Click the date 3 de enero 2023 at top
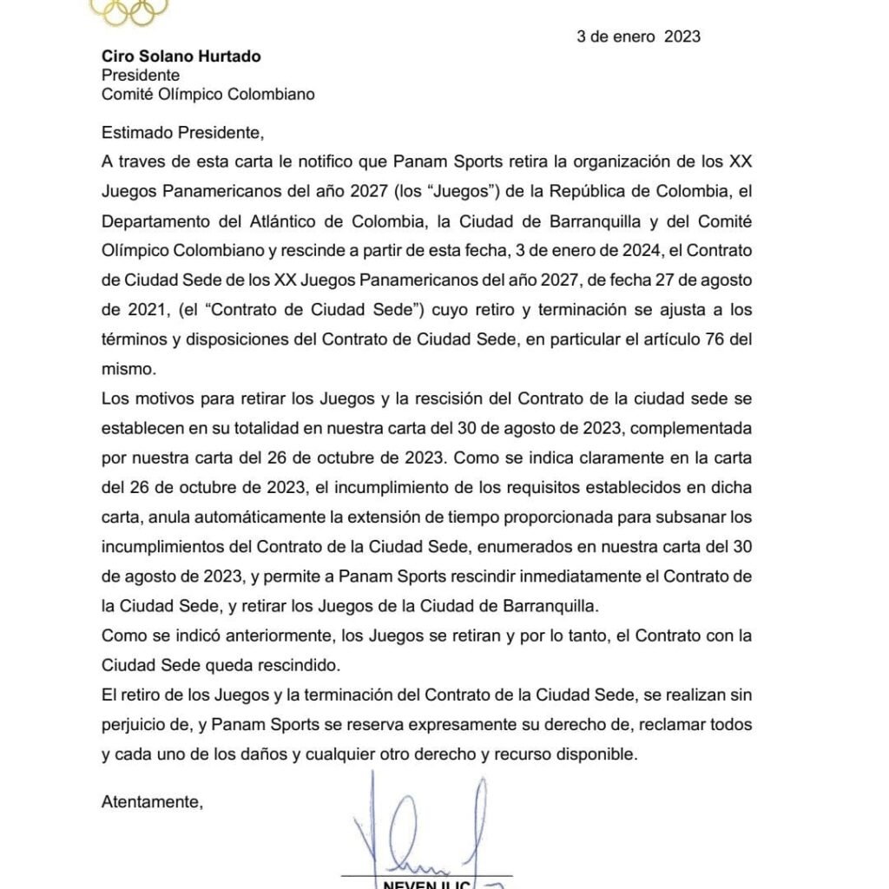(638, 36)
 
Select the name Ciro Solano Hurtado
(181, 56)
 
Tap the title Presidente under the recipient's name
(141, 76)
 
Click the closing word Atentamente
(151, 801)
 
